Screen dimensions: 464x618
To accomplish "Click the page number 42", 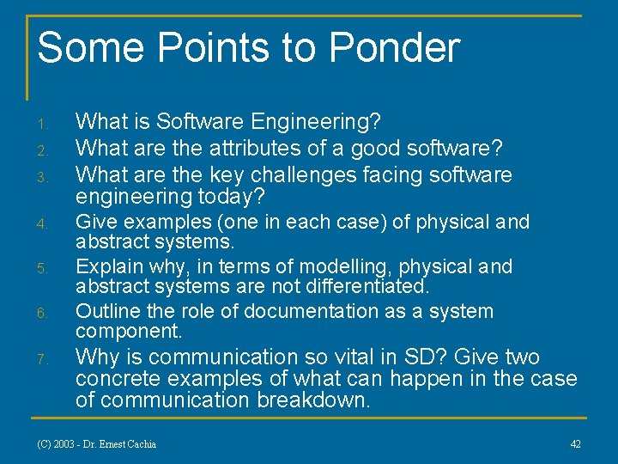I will pyautogui.click(x=575, y=443).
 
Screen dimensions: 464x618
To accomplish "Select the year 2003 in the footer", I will pyautogui.click(x=64, y=444).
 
